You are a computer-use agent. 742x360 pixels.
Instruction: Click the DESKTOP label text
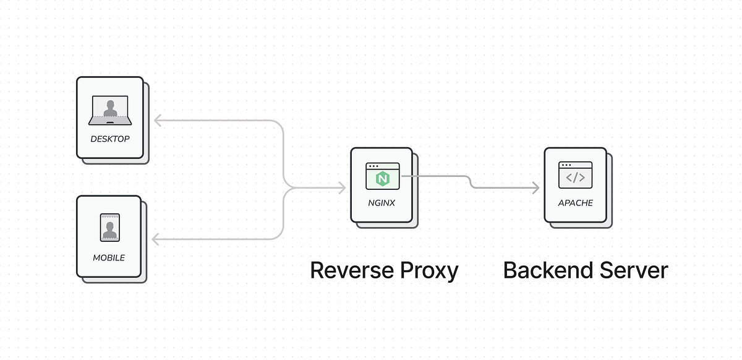(110, 139)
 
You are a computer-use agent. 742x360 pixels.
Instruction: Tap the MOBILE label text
(109, 258)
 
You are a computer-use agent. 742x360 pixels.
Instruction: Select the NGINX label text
(382, 203)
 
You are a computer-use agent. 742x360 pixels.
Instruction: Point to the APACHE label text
(576, 203)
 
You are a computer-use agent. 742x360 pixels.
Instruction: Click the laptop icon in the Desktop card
(110, 110)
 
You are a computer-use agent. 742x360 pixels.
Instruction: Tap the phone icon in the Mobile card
(110, 228)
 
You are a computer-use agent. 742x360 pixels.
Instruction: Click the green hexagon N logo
(383, 179)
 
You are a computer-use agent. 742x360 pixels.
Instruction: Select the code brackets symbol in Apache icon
(576, 178)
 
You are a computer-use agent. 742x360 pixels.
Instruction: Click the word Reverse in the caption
(352, 270)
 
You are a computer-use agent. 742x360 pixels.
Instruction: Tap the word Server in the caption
(634, 270)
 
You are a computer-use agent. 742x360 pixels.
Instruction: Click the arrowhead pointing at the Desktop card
(158, 121)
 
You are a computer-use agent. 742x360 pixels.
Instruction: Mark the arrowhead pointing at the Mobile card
(155, 239)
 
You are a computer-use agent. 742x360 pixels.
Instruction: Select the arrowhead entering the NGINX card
(342, 188)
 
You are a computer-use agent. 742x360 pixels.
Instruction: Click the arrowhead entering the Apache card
(536, 188)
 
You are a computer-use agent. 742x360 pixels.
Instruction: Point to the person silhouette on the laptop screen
(110, 108)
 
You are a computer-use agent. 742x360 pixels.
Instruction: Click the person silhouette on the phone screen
(110, 230)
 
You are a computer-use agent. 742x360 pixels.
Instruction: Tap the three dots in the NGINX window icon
(373, 166)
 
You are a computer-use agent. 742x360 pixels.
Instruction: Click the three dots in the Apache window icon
(566, 165)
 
